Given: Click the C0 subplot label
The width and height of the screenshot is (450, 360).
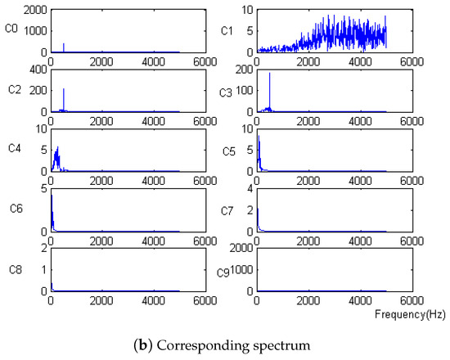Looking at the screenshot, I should tap(11, 31).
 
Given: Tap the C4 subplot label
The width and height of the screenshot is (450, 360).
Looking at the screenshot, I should tap(11, 151).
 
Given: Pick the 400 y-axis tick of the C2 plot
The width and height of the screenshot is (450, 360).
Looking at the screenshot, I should tap(38, 70).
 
